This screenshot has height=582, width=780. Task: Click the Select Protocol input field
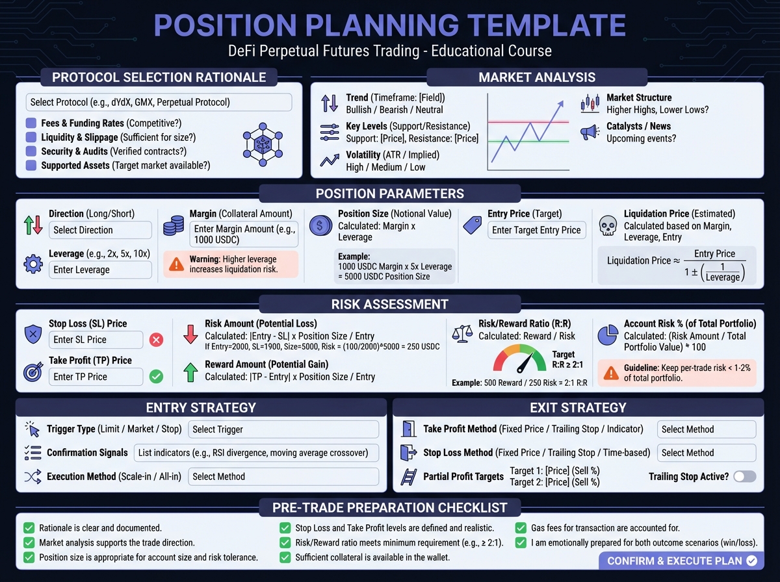pos(159,102)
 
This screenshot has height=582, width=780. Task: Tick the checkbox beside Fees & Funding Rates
pos(31,123)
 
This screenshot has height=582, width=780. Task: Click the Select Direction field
pos(100,230)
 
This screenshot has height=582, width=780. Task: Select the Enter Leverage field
pos(100,270)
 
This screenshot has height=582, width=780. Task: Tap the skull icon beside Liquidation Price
pos(608,226)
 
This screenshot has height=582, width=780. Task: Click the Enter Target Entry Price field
pos(537,230)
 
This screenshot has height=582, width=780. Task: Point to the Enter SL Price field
pos(96,340)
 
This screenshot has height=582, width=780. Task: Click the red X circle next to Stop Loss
pos(157,340)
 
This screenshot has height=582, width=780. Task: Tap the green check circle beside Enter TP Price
pos(157,376)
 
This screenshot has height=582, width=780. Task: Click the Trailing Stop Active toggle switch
pos(745,477)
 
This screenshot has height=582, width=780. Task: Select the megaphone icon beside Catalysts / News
pos(590,133)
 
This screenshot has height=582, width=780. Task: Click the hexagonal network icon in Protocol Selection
pos(263,144)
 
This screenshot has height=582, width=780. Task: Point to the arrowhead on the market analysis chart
pos(561,104)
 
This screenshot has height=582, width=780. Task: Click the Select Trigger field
pos(283,429)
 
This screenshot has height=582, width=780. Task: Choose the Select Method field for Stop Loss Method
pos(707,453)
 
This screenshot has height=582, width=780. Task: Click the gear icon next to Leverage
pos(33,264)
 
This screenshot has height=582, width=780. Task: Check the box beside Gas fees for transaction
pos(521,528)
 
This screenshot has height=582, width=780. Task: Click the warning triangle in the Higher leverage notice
pos(176,264)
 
